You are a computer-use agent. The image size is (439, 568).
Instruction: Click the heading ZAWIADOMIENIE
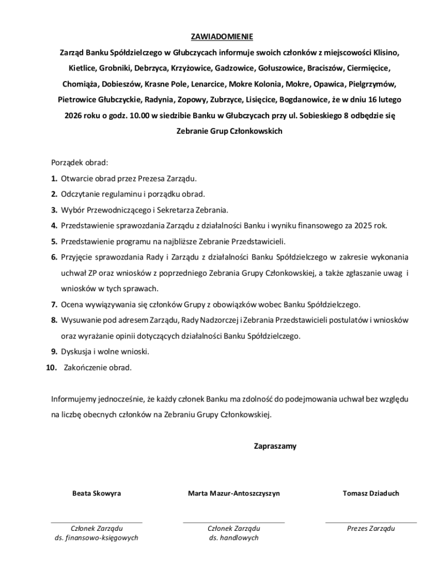221,37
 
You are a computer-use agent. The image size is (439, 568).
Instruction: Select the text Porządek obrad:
79,163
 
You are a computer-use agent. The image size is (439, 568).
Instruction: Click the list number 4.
54,226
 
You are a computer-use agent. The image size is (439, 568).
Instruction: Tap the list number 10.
52,367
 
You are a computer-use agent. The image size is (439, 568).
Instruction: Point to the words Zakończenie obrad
98,367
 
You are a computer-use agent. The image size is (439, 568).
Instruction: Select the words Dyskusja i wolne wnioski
105,352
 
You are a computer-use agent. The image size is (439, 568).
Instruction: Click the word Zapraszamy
275,446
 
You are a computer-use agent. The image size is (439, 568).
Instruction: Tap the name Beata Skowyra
97,493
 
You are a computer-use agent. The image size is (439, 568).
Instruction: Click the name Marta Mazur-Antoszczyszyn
234,493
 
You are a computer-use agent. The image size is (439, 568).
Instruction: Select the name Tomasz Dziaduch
371,493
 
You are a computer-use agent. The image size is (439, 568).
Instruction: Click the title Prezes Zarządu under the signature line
371,529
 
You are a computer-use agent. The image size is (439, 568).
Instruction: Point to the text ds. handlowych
234,538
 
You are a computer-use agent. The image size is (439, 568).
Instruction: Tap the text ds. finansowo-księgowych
97,538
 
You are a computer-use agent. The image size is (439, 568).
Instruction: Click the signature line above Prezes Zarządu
371,523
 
